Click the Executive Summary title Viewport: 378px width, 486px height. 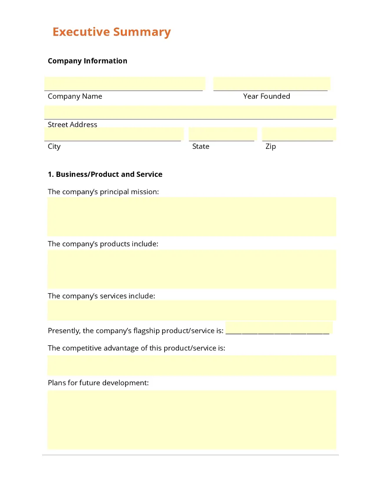pyautogui.click(x=112, y=32)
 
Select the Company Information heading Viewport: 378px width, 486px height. pyautogui.click(x=87, y=61)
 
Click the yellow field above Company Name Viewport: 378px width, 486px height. pyautogui.click(x=125, y=83)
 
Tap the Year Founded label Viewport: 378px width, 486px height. pyautogui.click(x=266, y=96)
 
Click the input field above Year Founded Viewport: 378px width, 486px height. pyautogui.click(x=271, y=83)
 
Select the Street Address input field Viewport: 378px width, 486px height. pyautogui.click(x=190, y=112)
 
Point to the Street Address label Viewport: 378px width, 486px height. pyautogui.click(x=73, y=125)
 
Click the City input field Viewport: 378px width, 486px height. pyautogui.click(x=114, y=134)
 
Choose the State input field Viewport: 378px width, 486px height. pyautogui.click(x=222, y=134)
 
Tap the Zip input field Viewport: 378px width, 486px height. pyautogui.click(x=298, y=134)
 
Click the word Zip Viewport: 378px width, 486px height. pyautogui.click(x=271, y=146)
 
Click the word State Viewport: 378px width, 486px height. pyautogui.click(x=201, y=146)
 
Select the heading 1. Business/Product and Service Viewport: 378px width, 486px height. pyautogui.click(x=105, y=174)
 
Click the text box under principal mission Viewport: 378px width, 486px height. pyautogui.click(x=191, y=216)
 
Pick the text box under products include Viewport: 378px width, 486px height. pyautogui.click(x=191, y=269)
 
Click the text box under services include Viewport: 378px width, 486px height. pyautogui.click(x=191, y=310)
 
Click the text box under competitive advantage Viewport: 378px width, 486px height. pyautogui.click(x=191, y=365)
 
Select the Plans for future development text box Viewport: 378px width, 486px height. pyautogui.click(x=191, y=419)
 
